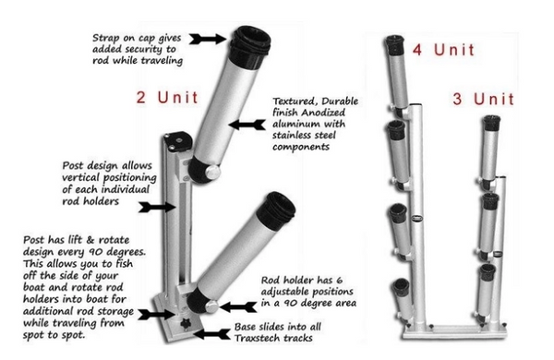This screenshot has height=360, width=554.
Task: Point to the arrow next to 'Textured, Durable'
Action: [x=241, y=121]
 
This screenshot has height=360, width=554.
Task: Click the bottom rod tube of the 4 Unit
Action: [x=400, y=297]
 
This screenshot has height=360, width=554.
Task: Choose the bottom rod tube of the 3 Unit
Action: [x=485, y=283]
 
